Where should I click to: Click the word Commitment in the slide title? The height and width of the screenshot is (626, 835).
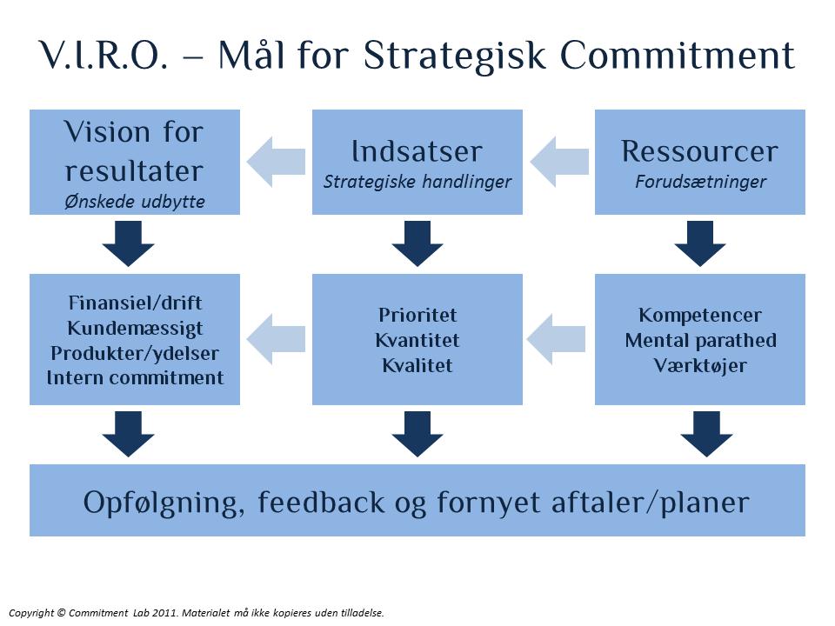[x=678, y=54]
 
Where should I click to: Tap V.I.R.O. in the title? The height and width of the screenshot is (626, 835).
[x=104, y=54]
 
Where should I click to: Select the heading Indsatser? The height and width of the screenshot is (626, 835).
[x=417, y=151]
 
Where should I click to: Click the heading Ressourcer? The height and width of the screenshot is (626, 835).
[x=699, y=151]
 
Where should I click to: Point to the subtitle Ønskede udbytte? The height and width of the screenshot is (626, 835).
[x=135, y=201]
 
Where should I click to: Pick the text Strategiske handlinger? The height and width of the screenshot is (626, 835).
[x=417, y=182]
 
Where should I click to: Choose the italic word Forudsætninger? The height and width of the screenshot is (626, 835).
[x=700, y=182]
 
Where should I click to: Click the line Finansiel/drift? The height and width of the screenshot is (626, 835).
[x=135, y=303]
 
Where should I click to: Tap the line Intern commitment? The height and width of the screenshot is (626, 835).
[x=135, y=377]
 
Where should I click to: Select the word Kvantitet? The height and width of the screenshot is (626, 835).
[x=417, y=340]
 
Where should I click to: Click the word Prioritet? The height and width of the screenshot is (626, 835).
[x=417, y=315]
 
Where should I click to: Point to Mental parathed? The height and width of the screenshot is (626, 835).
[x=700, y=340]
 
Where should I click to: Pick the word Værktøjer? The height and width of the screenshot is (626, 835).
[x=700, y=366]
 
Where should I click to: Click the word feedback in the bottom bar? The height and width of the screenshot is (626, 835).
[x=321, y=502]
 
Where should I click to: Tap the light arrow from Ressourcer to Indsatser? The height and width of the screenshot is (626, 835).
[x=559, y=162]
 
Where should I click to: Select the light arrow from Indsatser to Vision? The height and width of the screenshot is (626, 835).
[x=276, y=162]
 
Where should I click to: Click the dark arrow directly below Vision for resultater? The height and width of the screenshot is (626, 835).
[x=129, y=243]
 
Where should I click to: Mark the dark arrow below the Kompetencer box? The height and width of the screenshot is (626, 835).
[x=706, y=434]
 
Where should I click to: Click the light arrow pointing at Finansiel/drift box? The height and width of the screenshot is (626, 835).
[x=276, y=339]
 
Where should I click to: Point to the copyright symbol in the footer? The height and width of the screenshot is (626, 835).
[x=61, y=613]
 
